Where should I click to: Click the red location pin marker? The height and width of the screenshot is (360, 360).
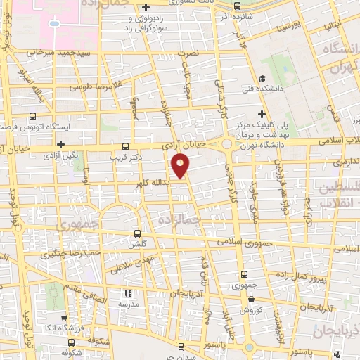181,166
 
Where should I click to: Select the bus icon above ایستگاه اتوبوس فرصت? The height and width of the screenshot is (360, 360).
32,118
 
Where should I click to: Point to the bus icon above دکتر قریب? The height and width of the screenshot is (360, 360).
125,146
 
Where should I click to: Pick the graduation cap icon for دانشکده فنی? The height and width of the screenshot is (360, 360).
263,79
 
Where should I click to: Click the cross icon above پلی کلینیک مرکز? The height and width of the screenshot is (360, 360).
262,114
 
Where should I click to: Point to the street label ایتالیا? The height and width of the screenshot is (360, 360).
333,26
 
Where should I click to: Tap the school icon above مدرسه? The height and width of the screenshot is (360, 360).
128,293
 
